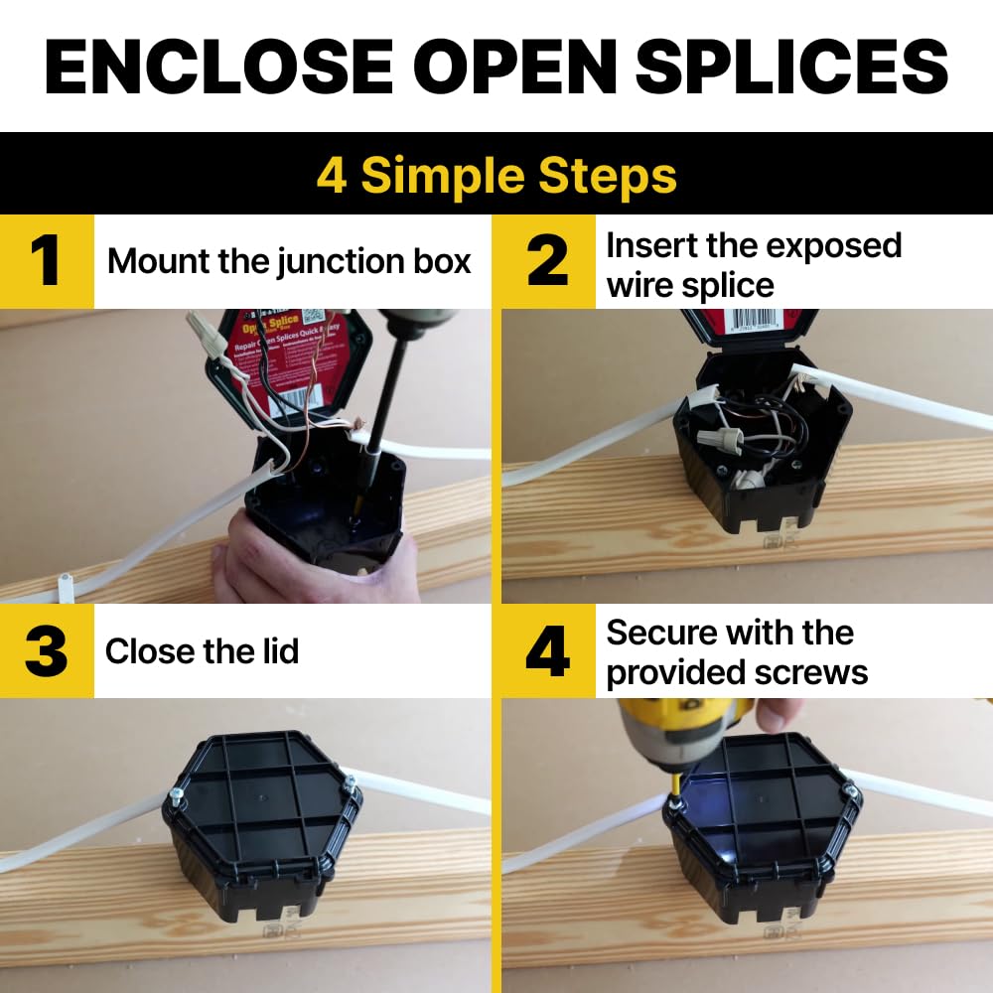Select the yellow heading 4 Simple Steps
tap(496, 176)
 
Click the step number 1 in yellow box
tap(47, 262)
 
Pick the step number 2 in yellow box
tap(547, 262)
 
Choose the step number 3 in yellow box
tap(47, 651)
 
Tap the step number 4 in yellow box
tap(547, 651)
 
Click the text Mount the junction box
tap(289, 261)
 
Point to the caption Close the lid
tap(202, 651)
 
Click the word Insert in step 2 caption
tap(651, 245)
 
